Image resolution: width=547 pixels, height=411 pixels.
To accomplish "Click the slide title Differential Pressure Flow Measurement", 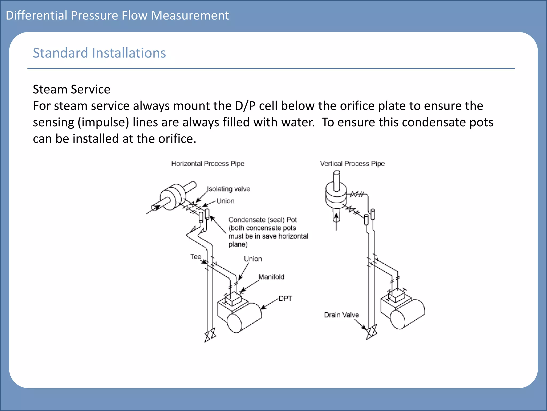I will pos(117,16).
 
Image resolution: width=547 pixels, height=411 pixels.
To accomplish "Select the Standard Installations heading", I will pos(99,53).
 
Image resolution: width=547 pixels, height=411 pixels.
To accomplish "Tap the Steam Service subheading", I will pos(71,89).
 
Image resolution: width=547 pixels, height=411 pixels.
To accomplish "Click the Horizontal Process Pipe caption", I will pos(208,163).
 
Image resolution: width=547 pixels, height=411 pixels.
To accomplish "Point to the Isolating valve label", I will pos(229,189).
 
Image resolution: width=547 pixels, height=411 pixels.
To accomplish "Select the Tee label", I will pos(196,257).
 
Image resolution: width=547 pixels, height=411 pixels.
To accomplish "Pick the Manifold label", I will pos(271,277).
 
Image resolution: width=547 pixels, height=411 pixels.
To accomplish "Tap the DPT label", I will pos(285,298).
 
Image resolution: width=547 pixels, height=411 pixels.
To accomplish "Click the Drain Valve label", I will pos(341,315).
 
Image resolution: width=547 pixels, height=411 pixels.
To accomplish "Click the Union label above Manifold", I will pos(253,259).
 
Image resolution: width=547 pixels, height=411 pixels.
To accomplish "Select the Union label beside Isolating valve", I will pos(225,201).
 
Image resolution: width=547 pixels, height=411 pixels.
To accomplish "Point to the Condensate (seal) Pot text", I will pos(263,220).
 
